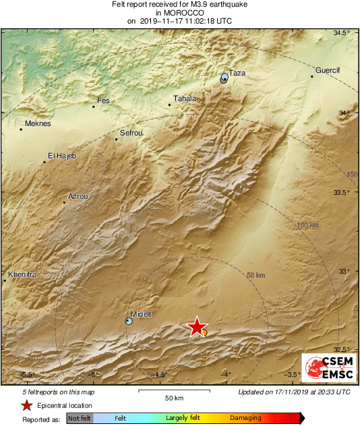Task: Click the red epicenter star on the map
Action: click(x=196, y=327)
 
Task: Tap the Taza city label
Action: click(x=237, y=73)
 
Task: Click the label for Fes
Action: click(x=103, y=101)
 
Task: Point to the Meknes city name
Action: click(x=38, y=123)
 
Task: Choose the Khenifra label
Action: click(x=22, y=275)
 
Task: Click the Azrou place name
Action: click(x=78, y=197)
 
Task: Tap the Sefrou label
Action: click(x=131, y=133)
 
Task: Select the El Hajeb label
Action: click(x=62, y=156)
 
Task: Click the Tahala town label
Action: click(x=185, y=98)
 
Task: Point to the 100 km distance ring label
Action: click(x=307, y=224)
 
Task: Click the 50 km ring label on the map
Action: click(x=256, y=275)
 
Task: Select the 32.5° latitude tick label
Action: click(x=344, y=348)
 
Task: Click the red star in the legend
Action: click(x=26, y=405)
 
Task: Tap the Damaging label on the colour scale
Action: click(x=245, y=418)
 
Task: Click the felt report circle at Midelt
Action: click(x=129, y=322)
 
